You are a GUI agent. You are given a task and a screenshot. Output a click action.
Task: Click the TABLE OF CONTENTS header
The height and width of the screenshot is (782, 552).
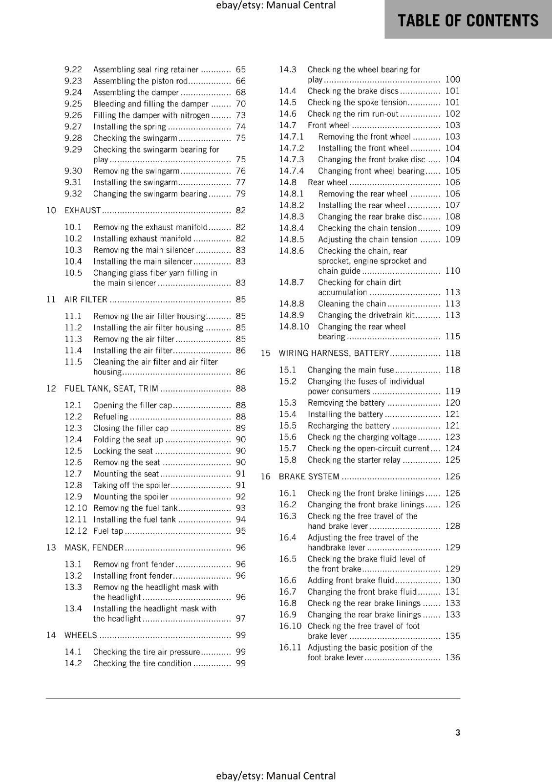pos(467,21)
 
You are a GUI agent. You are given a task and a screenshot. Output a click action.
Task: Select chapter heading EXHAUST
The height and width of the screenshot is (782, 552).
pos(83,211)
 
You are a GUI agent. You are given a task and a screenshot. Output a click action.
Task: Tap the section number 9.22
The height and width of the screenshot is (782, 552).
pos(73,70)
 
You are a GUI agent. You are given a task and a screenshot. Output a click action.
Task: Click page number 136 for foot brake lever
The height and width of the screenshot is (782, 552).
pos(452,657)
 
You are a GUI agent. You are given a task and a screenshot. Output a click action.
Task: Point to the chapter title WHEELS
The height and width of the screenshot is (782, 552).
pos(81,635)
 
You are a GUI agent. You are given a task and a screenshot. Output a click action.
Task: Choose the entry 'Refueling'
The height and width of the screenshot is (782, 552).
pos(110,417)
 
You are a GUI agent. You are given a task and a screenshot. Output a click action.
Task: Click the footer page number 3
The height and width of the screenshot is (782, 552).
pos(458,733)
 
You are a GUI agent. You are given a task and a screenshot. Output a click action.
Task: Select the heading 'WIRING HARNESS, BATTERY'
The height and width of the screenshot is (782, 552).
pos(334,353)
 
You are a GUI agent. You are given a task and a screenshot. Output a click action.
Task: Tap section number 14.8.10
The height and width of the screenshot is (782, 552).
pos(294,326)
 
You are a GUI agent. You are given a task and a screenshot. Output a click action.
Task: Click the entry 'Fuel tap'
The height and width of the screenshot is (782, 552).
pos(108,531)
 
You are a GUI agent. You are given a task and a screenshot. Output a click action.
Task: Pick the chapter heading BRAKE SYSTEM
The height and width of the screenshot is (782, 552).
pos(309,477)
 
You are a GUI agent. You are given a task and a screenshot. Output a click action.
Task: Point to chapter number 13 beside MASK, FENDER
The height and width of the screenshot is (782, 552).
pos(51,548)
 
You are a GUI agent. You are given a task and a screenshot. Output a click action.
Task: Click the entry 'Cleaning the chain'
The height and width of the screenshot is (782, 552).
pos(352,304)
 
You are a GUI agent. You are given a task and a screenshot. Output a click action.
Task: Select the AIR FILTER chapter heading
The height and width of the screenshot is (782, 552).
pos(85,300)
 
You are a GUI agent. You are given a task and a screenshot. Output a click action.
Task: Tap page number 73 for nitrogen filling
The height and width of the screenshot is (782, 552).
pos(240,115)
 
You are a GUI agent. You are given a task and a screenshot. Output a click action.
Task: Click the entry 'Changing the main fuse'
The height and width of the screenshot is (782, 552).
pos(350,370)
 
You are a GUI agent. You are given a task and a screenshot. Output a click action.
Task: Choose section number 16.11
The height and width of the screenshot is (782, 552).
pos(290,648)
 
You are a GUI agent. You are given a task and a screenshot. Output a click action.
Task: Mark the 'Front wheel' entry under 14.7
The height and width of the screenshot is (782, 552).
pos(328,126)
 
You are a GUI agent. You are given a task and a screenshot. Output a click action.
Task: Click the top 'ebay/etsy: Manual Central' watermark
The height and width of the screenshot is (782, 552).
pos(276,5)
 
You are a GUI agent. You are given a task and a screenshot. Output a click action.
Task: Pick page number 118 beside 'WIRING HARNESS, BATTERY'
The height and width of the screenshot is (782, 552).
pos(452,353)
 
